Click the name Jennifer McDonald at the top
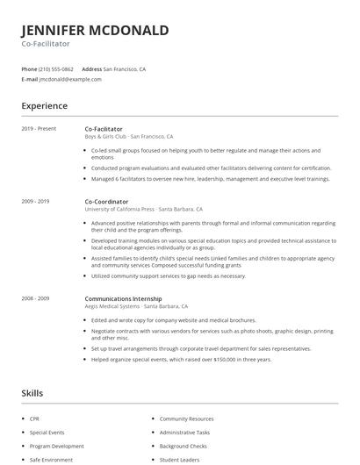pyautogui.click(x=95, y=31)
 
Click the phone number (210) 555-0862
pyautogui.click(x=56, y=68)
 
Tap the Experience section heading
pyautogui.click(x=44, y=106)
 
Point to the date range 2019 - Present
pyautogui.click(x=39, y=129)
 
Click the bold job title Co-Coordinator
pyautogui.click(x=106, y=202)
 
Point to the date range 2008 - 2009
pyautogui.click(x=35, y=298)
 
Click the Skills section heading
pyautogui.click(x=32, y=393)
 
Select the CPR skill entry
pyautogui.click(x=34, y=419)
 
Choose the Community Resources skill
pyautogui.click(x=186, y=419)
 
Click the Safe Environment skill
pyautogui.click(x=50, y=459)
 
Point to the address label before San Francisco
pyautogui.click(x=91, y=68)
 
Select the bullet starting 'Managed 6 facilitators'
pyautogui.click(x=211, y=178)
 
